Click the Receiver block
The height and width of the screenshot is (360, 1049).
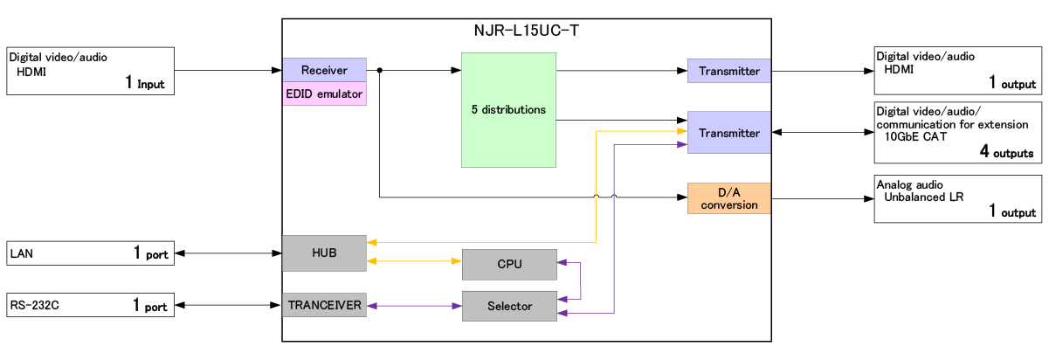point(324,70)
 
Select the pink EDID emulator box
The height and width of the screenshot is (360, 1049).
point(324,93)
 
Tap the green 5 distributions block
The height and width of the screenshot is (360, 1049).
point(508,110)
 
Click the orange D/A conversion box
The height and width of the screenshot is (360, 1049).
point(728,198)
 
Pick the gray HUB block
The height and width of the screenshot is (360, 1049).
point(324,253)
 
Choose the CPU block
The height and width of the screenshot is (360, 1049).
point(508,264)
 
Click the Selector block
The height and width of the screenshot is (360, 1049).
point(508,306)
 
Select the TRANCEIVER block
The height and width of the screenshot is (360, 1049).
point(324,306)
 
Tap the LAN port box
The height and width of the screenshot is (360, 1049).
point(91,253)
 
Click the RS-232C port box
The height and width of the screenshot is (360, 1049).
point(91,306)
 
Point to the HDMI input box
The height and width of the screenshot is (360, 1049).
point(91,71)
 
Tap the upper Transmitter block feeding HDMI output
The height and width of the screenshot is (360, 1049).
point(728,71)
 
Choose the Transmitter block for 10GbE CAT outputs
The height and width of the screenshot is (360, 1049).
point(728,133)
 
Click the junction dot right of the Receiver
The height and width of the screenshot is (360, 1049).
point(379,70)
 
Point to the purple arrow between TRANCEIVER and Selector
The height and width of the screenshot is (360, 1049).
point(414,306)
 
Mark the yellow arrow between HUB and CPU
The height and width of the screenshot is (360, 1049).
point(414,260)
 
